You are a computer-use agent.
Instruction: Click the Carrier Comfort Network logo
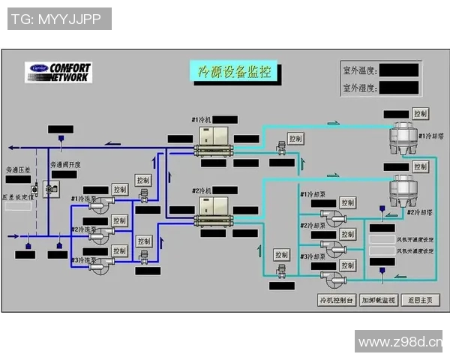click(x=59, y=72)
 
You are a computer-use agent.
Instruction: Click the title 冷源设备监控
click(x=233, y=72)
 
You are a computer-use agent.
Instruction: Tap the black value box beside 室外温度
click(x=398, y=70)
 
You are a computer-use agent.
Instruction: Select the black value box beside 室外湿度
click(x=398, y=88)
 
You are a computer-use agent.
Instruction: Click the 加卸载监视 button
click(x=378, y=301)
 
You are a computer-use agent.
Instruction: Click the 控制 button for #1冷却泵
click(x=347, y=202)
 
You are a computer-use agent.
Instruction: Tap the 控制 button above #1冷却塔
click(x=420, y=114)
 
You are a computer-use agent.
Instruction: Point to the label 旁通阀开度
click(x=65, y=164)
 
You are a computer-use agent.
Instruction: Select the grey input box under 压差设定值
click(x=19, y=206)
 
